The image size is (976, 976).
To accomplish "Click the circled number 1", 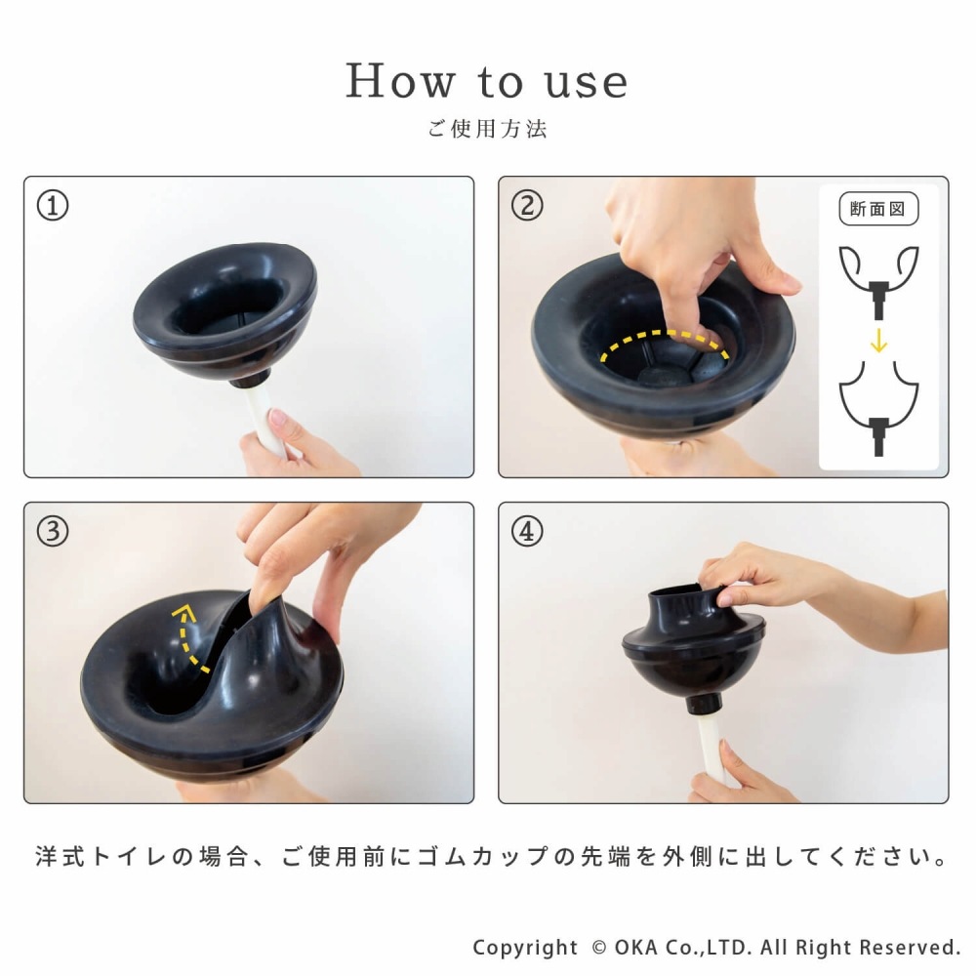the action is tap(53, 206).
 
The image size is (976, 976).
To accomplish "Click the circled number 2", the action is tap(527, 206).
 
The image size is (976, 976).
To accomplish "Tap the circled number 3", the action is tap(53, 532).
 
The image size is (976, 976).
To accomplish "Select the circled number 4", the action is tap(527, 532).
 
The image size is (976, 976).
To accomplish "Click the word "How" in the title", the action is tap(400, 81).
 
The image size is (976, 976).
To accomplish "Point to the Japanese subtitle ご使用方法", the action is tap(487, 129).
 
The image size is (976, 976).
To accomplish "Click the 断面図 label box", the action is tap(878, 209).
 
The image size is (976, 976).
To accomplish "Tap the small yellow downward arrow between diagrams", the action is tap(879, 340).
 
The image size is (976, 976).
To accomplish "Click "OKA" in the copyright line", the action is tap(636, 948).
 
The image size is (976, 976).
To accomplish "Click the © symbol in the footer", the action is tap(599, 948).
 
